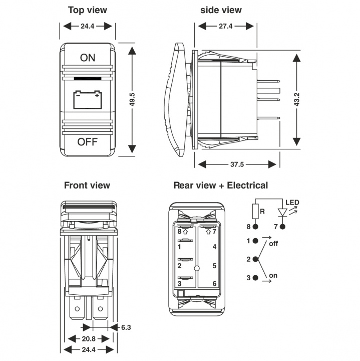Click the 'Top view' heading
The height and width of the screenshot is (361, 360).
(x=88, y=10)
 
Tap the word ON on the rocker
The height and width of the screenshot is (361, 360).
(x=88, y=57)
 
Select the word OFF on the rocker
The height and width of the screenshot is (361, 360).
(x=88, y=142)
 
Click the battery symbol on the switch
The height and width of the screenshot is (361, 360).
(x=88, y=99)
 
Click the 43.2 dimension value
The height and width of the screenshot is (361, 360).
(x=297, y=99)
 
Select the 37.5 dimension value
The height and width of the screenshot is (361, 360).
(x=237, y=164)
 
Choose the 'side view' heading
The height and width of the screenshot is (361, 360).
(x=221, y=10)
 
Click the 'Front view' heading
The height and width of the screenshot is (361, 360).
(x=87, y=186)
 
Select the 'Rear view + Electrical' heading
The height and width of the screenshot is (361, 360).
(x=220, y=186)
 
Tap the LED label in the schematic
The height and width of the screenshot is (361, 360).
(x=292, y=203)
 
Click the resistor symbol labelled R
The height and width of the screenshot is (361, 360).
(x=255, y=212)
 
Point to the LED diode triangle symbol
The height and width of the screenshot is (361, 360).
(x=284, y=212)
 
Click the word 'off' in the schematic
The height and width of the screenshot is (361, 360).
(x=273, y=244)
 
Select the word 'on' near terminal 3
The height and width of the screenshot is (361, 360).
(x=273, y=276)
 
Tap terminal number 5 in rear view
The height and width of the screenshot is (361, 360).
(x=214, y=265)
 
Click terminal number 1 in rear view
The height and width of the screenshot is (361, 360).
(x=179, y=247)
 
